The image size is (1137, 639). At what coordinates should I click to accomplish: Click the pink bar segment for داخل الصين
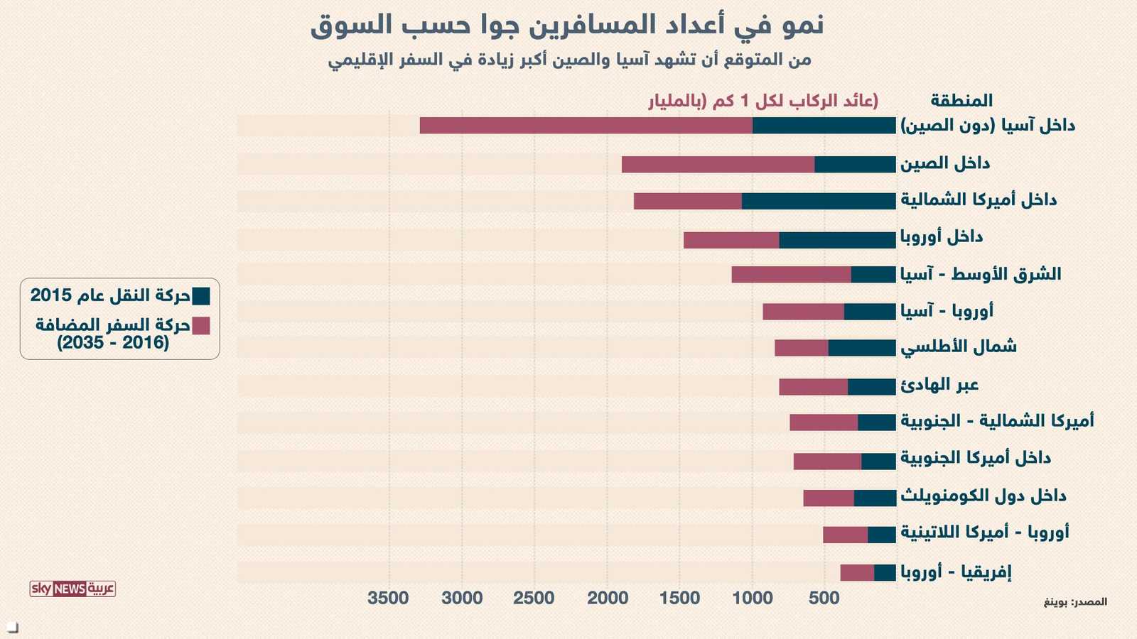point(718,165)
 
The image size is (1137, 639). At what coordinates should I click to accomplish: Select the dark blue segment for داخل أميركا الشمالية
point(819,201)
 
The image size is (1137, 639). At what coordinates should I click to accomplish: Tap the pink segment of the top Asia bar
point(586,126)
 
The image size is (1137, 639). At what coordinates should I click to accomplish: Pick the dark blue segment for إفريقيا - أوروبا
point(885,573)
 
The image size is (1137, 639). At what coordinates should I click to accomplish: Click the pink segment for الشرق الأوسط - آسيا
point(791,275)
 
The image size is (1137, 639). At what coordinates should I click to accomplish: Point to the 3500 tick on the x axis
point(388,598)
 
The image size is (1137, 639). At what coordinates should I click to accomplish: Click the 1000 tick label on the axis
point(752,598)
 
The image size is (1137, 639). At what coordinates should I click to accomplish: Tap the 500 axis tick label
point(824,598)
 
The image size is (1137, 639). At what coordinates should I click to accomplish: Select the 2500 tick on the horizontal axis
point(534,598)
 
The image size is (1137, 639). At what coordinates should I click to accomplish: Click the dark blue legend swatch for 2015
point(201,296)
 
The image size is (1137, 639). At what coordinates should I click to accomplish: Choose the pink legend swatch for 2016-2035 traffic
point(201,326)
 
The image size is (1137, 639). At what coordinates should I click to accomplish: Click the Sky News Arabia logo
point(72,589)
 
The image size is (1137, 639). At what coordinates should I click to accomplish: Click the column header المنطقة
point(961,101)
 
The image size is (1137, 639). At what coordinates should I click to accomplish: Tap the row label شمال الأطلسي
point(959,347)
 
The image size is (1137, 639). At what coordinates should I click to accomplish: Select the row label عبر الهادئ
point(939,385)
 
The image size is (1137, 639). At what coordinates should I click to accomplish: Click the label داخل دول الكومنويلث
point(984,496)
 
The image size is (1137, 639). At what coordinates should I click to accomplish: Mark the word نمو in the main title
point(802,26)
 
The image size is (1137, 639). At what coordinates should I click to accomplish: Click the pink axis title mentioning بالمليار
point(763,101)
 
